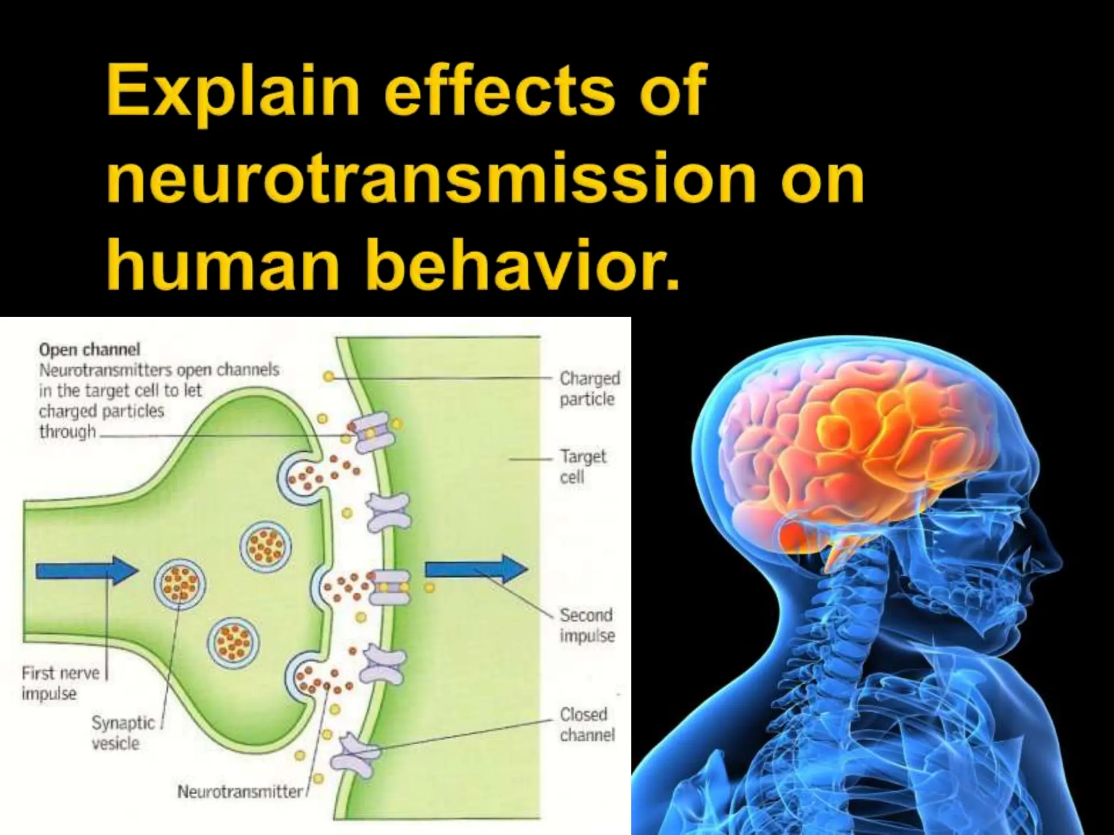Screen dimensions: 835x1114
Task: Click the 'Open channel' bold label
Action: pos(90,349)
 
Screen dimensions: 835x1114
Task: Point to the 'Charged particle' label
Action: pos(589,388)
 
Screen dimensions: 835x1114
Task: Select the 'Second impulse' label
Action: pos(586,625)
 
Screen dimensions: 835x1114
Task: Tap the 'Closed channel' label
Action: pos(586,724)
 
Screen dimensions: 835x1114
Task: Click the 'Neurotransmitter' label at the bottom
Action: pos(240,792)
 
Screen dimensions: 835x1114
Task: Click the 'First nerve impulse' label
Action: pos(60,683)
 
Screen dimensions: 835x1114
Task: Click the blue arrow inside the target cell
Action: pos(476,569)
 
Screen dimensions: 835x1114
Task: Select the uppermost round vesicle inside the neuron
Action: pos(265,545)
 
